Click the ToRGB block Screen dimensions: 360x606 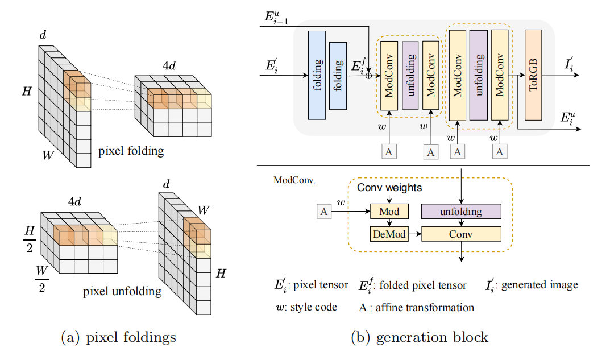[533, 75]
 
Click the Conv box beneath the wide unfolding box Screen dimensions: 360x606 [461, 234]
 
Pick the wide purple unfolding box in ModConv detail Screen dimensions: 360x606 [461, 212]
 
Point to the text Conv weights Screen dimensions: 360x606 [389, 188]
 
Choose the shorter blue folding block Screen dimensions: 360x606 [338, 76]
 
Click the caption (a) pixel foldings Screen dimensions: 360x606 [118, 337]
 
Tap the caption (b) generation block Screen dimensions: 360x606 [419, 337]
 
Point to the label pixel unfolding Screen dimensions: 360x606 [122, 292]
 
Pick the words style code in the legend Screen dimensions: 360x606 [314, 308]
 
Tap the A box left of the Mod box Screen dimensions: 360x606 [324, 212]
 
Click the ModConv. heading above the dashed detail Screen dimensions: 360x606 [294, 180]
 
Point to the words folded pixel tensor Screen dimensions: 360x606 [424, 285]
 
